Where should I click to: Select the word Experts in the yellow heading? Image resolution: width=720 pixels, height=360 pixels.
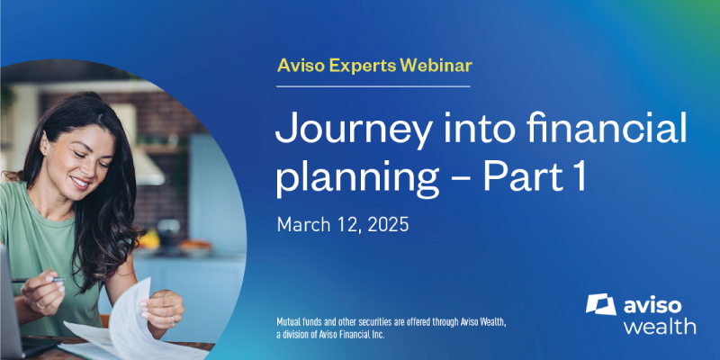coord(362,67)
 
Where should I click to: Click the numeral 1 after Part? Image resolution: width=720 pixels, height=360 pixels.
coord(580,175)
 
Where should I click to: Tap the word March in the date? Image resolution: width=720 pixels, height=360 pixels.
coord(303,225)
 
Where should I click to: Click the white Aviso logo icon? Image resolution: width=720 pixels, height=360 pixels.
coord(601,304)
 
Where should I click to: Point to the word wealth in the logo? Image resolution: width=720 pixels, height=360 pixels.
coord(660,326)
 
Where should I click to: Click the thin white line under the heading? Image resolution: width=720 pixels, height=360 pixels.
coord(373,86)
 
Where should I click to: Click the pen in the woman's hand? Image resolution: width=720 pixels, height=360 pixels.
coord(39,279)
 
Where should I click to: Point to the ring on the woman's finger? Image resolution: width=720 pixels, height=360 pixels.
coord(173,319)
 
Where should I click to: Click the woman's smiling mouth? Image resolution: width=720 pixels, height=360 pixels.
coord(81,183)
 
